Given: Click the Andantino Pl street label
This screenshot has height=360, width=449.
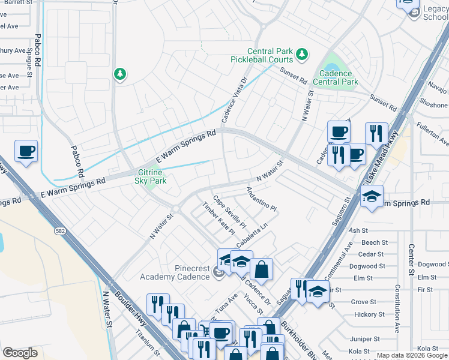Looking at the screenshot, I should tap(261, 199).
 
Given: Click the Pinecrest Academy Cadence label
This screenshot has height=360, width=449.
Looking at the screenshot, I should tap(175, 272).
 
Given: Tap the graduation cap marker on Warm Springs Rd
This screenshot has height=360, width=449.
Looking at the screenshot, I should tap(372, 197).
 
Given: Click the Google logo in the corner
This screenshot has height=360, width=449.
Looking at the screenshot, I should tap(20, 353).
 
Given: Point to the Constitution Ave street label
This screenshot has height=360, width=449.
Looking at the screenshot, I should tap(397, 308).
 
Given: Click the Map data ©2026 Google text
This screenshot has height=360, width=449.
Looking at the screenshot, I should tap(412, 355).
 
